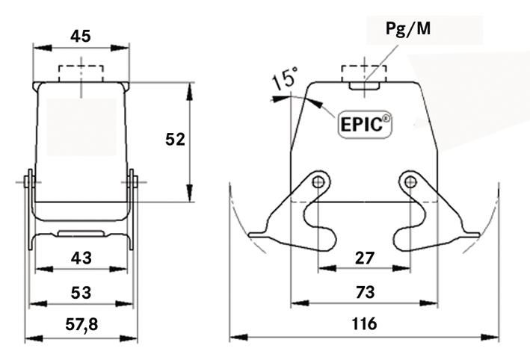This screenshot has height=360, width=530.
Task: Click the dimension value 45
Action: tap(81, 35)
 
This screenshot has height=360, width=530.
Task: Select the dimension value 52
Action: tap(175, 139)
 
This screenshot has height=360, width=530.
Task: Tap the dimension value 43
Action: tap(81, 258)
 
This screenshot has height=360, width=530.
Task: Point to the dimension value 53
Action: tap(81, 292)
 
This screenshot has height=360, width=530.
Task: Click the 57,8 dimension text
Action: tap(81, 326)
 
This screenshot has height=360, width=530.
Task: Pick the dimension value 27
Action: tap(364, 258)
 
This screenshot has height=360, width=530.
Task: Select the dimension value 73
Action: tap(364, 292)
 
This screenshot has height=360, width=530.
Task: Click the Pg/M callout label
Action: tap(408, 29)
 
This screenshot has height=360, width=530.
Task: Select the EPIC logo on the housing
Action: tap(366, 125)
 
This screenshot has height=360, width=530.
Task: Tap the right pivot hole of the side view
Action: tap(409, 181)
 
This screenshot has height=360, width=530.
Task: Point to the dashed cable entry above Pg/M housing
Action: tap(364, 74)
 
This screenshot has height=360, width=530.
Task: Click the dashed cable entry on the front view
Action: tap(81, 74)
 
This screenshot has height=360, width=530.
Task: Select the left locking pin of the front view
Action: tap(28, 181)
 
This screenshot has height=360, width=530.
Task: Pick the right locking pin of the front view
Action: tap(133, 181)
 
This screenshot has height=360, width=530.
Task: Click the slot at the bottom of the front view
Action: tap(81, 232)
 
